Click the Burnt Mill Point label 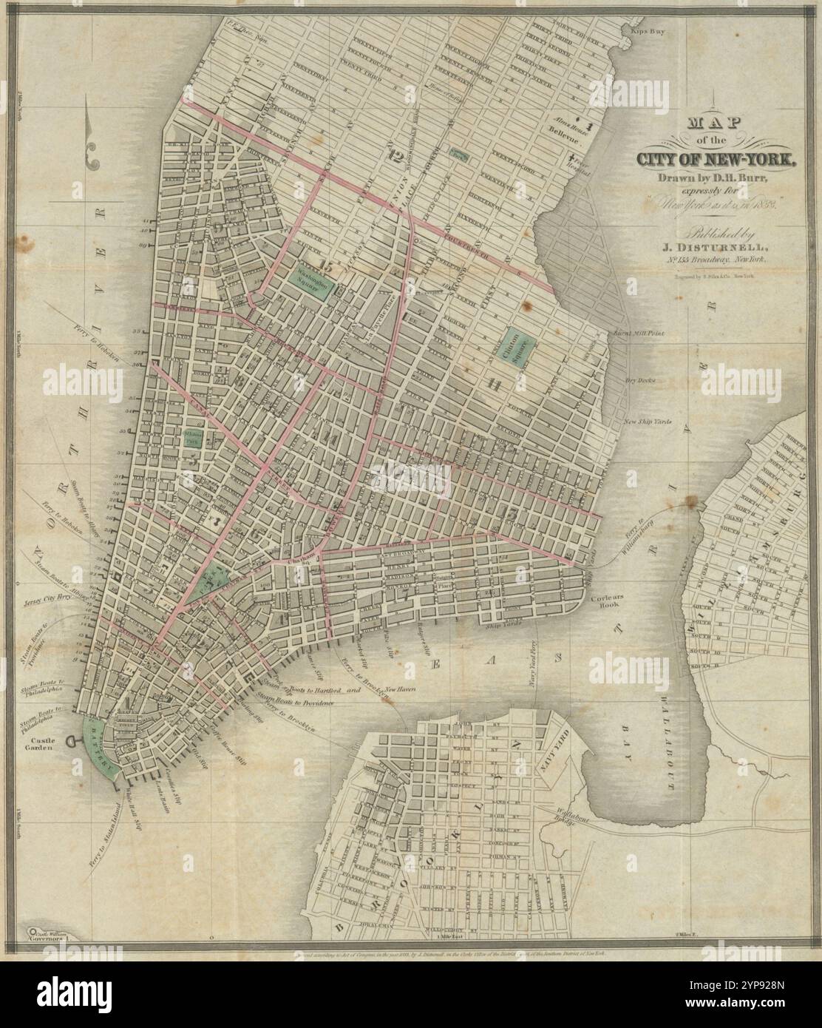(639, 334)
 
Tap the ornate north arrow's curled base (93, 157)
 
